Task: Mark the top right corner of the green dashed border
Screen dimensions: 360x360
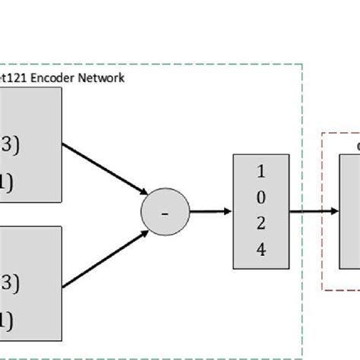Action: point(302,65)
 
